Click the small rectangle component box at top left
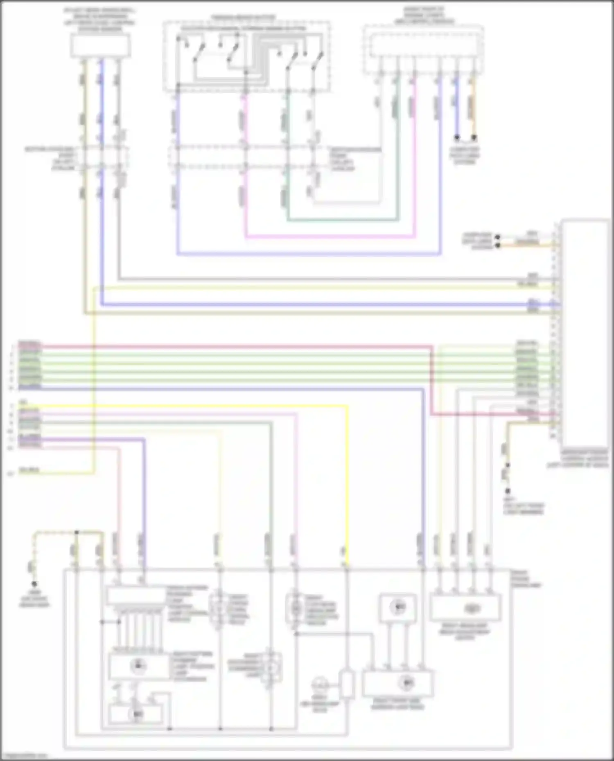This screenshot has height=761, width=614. tap(101, 45)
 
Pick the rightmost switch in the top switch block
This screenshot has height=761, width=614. tap(317, 60)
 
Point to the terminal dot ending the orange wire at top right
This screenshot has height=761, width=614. tap(474, 138)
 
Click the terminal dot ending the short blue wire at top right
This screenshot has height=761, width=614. tap(457, 138)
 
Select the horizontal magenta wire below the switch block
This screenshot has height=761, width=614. tap(327, 236)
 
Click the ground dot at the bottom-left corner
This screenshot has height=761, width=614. tap(34, 584)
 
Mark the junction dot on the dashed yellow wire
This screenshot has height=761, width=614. tap(77, 532)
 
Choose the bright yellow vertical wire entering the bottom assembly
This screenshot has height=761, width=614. tap(348, 491)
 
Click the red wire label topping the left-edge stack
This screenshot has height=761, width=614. tap(29, 343)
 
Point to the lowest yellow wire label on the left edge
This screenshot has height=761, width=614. tap(29, 470)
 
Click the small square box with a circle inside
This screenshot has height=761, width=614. tap(397, 608)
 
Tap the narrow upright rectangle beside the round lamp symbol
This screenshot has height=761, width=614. tap(347, 684)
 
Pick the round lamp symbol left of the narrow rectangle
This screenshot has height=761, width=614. tap(320, 684)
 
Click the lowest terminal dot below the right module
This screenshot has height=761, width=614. tap(508, 491)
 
